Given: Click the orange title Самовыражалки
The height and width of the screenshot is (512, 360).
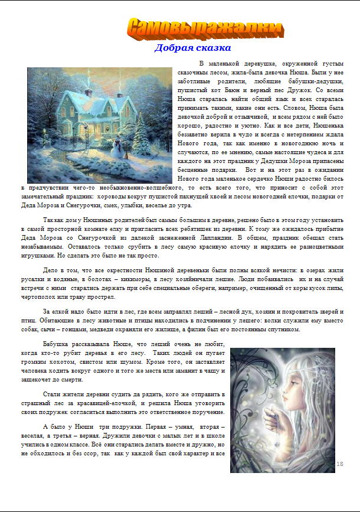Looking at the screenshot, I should (204, 28).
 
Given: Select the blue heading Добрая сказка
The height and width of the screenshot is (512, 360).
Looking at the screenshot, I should (192, 48).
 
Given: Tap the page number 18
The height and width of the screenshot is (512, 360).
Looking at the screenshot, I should (339, 464).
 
